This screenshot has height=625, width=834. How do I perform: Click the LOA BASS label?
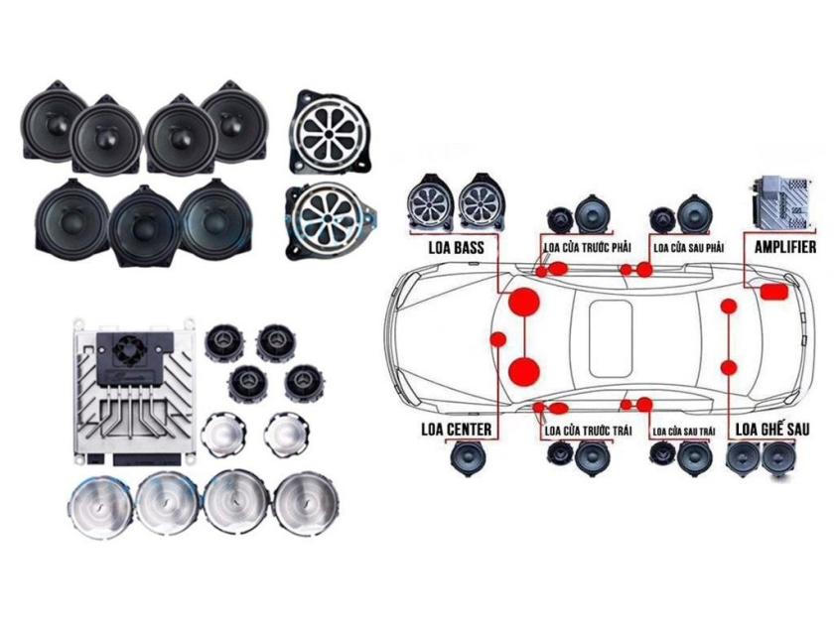(456, 248)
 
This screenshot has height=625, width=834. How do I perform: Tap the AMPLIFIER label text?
(785, 247)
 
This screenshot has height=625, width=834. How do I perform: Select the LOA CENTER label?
(456, 429)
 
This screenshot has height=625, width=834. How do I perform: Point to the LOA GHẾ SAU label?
(772, 429)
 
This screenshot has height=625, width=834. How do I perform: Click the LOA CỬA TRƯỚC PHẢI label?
(587, 248)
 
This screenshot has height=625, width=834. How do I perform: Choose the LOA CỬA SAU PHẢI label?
(688, 248)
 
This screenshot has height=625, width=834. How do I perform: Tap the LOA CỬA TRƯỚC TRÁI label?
(588, 430)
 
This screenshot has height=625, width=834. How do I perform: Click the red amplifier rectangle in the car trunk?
(773, 292)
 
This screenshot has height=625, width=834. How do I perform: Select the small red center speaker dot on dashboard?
(498, 339)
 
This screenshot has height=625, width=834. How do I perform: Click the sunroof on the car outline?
(612, 337)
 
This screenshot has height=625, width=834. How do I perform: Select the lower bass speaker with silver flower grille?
(331, 221)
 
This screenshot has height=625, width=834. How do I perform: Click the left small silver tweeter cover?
(223, 435)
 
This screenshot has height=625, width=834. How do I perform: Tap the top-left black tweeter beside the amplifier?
(224, 342)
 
